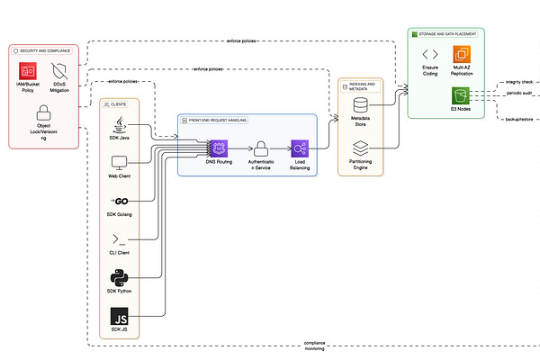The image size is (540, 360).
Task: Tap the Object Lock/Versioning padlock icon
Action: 43,113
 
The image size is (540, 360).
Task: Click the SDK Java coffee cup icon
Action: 119,124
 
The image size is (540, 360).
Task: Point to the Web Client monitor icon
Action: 119,164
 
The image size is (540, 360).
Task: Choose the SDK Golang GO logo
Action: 119,200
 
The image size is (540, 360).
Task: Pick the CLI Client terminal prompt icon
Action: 119,238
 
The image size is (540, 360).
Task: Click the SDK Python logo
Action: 119,276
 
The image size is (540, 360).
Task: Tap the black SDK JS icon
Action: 119,317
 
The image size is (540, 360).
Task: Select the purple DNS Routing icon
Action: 217,148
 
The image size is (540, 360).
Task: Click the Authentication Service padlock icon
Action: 259,148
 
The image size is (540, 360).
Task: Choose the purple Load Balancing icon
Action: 301,148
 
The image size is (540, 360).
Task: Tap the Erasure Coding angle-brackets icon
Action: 430,56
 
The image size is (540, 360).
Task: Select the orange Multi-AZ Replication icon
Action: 462,56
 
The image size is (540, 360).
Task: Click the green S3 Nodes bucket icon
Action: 462,94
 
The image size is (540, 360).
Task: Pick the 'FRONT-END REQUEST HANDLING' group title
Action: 218,120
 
